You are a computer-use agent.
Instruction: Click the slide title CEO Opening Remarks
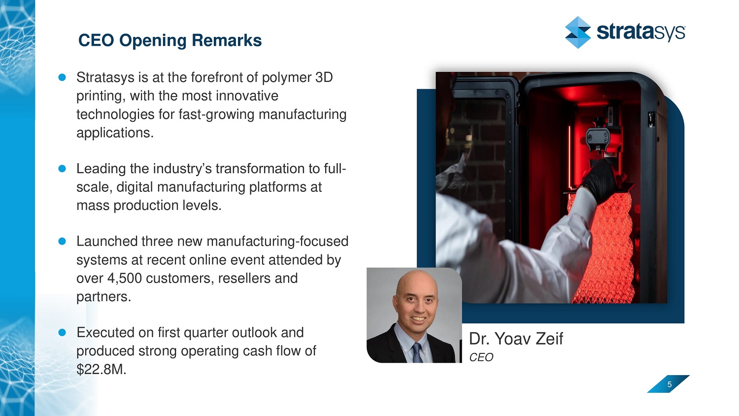(x=170, y=40)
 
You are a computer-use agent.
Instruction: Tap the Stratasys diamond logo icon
(x=578, y=33)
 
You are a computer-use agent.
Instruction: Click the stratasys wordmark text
(x=641, y=33)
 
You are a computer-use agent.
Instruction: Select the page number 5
(x=670, y=384)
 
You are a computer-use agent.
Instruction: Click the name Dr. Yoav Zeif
(x=516, y=339)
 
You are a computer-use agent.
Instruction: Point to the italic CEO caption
(x=481, y=357)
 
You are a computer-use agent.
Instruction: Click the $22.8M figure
(x=101, y=370)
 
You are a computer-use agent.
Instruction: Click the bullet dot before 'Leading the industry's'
(x=62, y=169)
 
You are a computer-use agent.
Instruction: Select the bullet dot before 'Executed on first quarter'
(x=62, y=333)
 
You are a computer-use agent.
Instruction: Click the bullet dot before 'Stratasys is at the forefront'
(x=62, y=77)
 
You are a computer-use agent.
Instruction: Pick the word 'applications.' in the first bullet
(x=115, y=133)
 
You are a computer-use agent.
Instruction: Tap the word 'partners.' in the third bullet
(x=104, y=297)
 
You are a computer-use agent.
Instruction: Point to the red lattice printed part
(x=602, y=247)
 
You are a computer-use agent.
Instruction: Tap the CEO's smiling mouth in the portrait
(x=418, y=319)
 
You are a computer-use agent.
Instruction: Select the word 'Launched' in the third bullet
(x=107, y=242)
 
